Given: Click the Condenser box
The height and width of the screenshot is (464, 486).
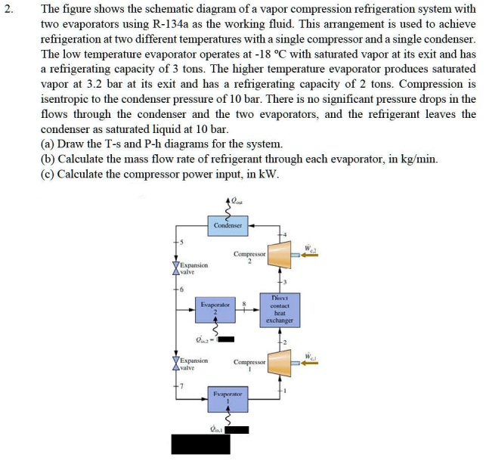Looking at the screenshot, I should tap(228, 225).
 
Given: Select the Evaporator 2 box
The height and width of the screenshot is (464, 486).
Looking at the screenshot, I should tap(215, 309).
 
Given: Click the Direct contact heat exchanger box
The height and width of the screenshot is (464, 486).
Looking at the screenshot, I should tap(279, 309).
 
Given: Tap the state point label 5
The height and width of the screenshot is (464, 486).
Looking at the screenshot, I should tap(182, 241).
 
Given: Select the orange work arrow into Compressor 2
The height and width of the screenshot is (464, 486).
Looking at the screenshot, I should tap(310, 255).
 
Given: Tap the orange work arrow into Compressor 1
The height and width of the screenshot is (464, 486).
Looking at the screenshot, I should tap(310, 364).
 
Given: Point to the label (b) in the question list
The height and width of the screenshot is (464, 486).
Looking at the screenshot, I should tap(48, 159).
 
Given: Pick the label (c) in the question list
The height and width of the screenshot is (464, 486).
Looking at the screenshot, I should tap(48, 174).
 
